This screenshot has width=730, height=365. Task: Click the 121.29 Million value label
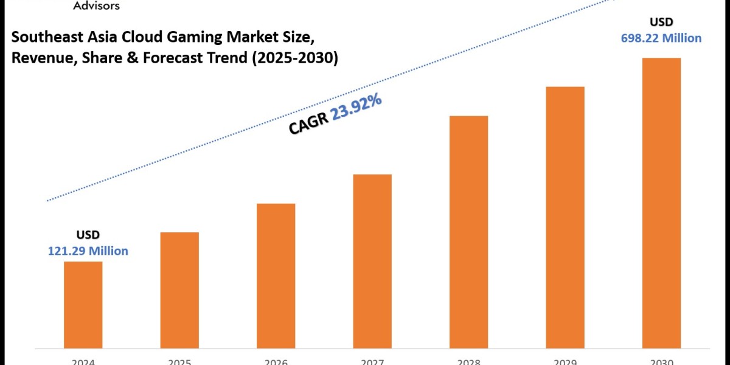click(x=88, y=251)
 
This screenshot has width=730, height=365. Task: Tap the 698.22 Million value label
click(x=661, y=38)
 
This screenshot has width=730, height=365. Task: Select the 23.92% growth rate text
click(x=356, y=108)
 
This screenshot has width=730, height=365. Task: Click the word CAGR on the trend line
click(x=308, y=124)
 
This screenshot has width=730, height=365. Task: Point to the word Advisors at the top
click(x=96, y=5)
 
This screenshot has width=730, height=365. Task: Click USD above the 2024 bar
click(x=88, y=235)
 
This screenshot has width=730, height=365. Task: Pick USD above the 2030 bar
click(x=661, y=22)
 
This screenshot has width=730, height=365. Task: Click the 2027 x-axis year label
click(x=372, y=361)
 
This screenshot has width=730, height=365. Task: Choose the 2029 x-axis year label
click(x=565, y=361)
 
